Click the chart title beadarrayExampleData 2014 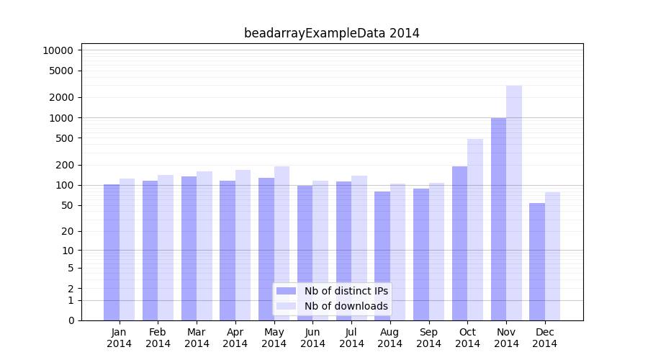(x=331, y=33)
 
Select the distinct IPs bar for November (x=498, y=219)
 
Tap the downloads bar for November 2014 (x=514, y=203)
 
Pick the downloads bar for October (x=475, y=230)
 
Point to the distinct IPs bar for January (x=112, y=252)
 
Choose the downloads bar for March (x=204, y=246)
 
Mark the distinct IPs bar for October (x=459, y=243)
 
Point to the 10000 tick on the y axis (x=58, y=50)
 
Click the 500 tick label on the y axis (x=64, y=138)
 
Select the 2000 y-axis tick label (x=61, y=97)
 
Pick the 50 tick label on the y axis (x=67, y=205)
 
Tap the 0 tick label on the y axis (x=71, y=320)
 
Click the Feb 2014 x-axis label (x=158, y=338)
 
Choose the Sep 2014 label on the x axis (x=428, y=338)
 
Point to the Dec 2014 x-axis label (x=544, y=338)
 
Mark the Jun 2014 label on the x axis (x=312, y=338)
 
